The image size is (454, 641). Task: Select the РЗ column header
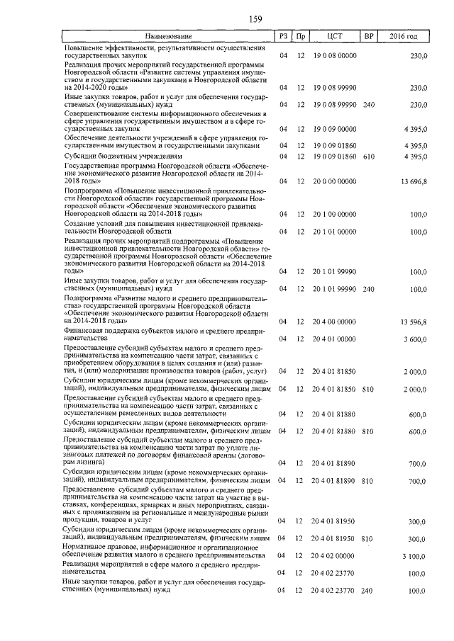click(x=284, y=36)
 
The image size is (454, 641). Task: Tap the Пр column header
click(x=301, y=36)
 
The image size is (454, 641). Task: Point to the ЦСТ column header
click(x=335, y=36)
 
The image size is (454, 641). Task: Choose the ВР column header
click(x=368, y=36)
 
